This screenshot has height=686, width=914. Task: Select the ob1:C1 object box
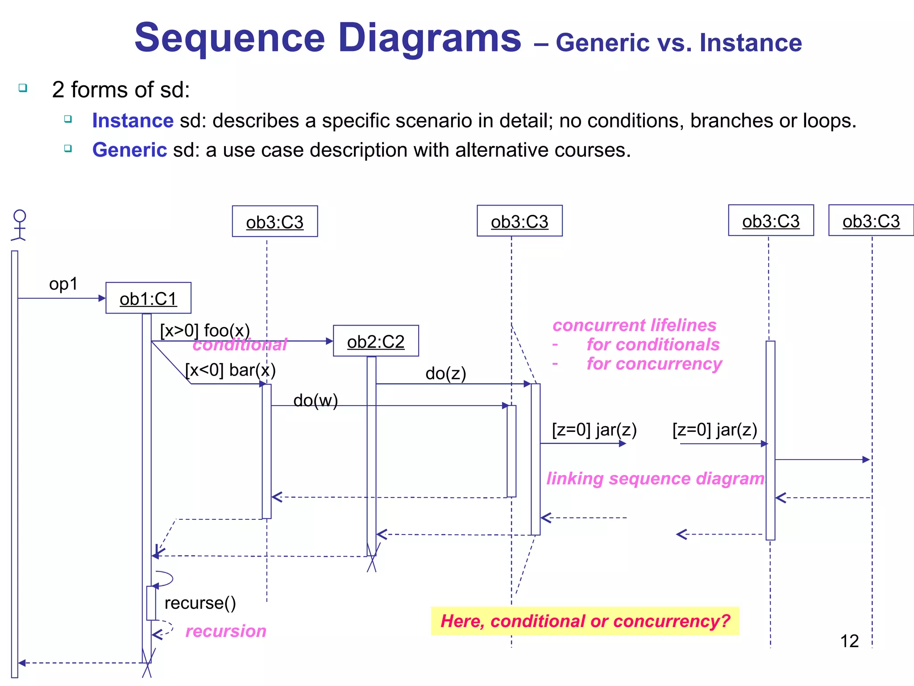tap(148, 298)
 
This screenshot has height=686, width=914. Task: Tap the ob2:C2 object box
tap(376, 341)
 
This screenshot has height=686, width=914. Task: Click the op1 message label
tap(63, 284)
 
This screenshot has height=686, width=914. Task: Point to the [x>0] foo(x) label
tap(205, 331)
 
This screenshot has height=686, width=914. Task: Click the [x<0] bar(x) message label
tap(230, 370)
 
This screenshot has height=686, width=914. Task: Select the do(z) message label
tap(445, 373)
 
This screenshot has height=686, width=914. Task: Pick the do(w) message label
tap(316, 401)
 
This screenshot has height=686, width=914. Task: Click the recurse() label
tap(200, 603)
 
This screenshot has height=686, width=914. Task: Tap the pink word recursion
tap(226, 631)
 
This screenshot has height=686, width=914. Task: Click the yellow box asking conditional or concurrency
tap(585, 621)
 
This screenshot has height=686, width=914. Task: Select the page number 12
tap(849, 641)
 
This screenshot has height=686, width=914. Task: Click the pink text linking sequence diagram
tap(655, 478)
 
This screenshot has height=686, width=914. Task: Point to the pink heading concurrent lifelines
tap(634, 325)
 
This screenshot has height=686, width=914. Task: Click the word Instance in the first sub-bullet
tap(133, 121)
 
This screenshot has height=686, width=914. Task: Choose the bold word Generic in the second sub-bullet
tap(129, 150)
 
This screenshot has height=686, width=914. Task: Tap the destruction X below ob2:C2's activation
tap(371, 558)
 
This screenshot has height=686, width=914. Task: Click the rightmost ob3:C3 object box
tap(871, 221)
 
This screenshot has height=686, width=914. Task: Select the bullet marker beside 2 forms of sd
tap(23, 88)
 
